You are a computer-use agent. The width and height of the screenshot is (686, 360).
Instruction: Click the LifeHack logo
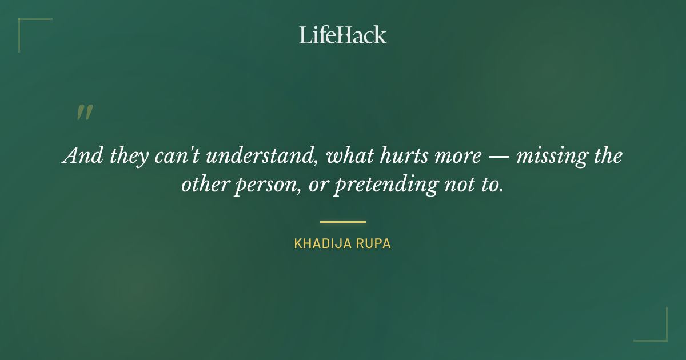pyautogui.click(x=342, y=35)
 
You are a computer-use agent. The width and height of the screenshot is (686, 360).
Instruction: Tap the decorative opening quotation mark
pyautogui.click(x=84, y=113)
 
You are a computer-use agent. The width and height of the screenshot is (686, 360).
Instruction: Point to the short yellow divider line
pyautogui.click(x=342, y=222)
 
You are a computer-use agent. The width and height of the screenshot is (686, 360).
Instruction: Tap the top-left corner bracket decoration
pyautogui.click(x=26, y=26)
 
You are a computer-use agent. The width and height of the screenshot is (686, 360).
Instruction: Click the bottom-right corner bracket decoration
pyautogui.click(x=660, y=334)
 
